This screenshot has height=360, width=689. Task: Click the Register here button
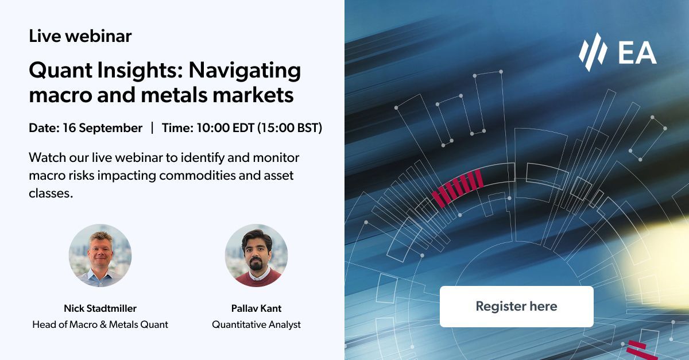pyautogui.click(x=516, y=307)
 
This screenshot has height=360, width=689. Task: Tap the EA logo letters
pyautogui.click(x=637, y=53)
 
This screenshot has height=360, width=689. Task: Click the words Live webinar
pyautogui.click(x=80, y=36)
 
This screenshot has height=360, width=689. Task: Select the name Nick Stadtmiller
pyautogui.click(x=100, y=308)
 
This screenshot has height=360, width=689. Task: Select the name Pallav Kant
pyautogui.click(x=256, y=308)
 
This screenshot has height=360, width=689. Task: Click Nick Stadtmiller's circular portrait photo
pyautogui.click(x=100, y=256)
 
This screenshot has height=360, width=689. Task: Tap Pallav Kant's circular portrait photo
pyautogui.click(x=257, y=256)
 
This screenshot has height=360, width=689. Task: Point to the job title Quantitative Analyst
pyautogui.click(x=256, y=324)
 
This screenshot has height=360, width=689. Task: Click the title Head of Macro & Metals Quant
pyautogui.click(x=100, y=324)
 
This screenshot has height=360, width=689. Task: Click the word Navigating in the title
pyautogui.click(x=245, y=71)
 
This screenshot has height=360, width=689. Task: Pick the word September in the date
pyautogui.click(x=111, y=128)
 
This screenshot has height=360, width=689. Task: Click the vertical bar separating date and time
pyautogui.click(x=152, y=128)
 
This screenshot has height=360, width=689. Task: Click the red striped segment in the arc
pyautogui.click(x=458, y=188)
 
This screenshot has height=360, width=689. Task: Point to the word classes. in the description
pyautogui.click(x=51, y=193)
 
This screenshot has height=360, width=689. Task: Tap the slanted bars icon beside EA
pyautogui.click(x=593, y=52)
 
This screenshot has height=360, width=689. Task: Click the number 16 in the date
pyautogui.click(x=69, y=128)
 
